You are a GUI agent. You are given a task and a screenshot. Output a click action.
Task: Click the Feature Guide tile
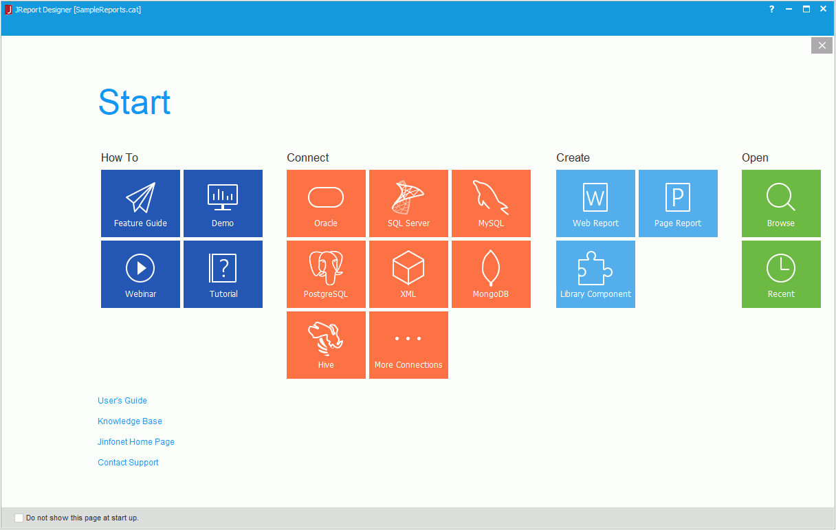[x=140, y=203]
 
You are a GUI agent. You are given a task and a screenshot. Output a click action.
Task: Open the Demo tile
[x=223, y=203]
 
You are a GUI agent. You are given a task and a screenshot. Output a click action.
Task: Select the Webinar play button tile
[x=140, y=274]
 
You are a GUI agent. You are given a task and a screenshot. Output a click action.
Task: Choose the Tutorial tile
[x=223, y=274]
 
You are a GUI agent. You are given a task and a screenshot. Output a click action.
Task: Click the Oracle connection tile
[x=326, y=203]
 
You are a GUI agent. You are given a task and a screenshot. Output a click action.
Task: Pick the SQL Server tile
[x=408, y=203]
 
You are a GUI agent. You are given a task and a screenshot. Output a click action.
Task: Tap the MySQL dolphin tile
[x=491, y=203]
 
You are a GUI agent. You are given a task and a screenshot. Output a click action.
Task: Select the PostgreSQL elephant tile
[x=326, y=274]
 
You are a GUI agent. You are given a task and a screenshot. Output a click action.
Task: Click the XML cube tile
[x=408, y=274]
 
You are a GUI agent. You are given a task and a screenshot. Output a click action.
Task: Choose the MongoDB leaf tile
[x=491, y=274]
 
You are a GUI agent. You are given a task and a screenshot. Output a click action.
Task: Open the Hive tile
[x=326, y=345]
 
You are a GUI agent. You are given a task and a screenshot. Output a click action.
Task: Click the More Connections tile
[x=408, y=345]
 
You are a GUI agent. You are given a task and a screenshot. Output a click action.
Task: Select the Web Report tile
[x=595, y=203]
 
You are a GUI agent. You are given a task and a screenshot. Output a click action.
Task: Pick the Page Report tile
[x=678, y=203]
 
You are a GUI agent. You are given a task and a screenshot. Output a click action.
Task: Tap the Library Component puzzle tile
[x=595, y=274]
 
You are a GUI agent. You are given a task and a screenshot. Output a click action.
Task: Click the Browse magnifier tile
[x=781, y=203]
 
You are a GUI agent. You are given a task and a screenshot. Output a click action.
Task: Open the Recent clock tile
[x=781, y=274]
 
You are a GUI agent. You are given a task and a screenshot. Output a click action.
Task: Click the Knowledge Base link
[x=129, y=421]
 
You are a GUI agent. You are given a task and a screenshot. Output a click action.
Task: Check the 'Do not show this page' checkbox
[x=19, y=518]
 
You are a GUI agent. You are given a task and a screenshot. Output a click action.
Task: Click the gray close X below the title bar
[x=822, y=45]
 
